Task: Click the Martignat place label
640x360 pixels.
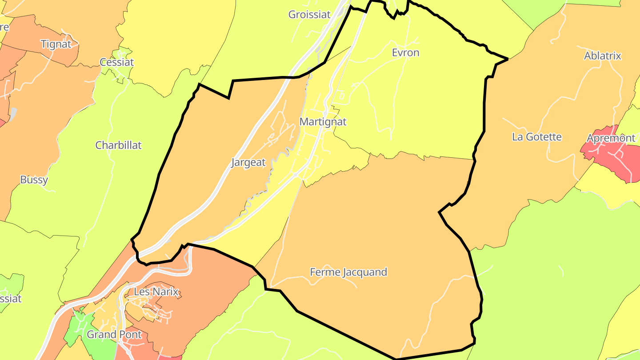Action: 323,122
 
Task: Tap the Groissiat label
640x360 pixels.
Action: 309,15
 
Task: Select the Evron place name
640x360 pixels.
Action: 405,53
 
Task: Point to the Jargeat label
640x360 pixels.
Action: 248,163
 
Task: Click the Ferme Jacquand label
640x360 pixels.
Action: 348,272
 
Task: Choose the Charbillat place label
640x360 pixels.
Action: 118,145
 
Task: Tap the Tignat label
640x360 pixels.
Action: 56,44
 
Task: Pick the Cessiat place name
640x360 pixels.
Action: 116,62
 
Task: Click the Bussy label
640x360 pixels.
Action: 34,180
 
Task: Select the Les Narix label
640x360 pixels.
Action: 156,292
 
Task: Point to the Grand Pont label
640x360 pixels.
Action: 114,335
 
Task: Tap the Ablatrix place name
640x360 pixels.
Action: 602,56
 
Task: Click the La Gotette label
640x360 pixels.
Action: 537,137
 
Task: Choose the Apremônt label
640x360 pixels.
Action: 611,138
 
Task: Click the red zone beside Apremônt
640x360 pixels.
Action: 622,164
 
